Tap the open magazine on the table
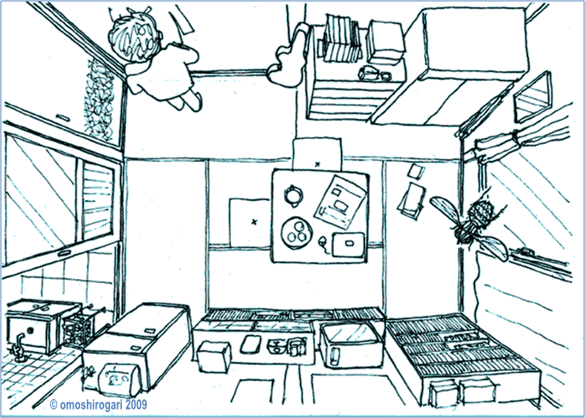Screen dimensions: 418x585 [x=339, y=200]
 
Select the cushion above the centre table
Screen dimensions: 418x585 [x=316, y=154]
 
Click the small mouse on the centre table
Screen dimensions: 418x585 [x=323, y=242]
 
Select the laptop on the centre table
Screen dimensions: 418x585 [x=349, y=245]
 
